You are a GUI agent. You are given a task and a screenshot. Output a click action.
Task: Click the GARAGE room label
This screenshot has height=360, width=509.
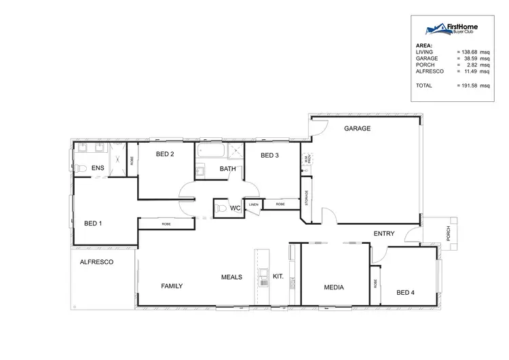tap(357, 128)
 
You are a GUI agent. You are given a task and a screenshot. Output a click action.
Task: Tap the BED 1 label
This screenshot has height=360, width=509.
tap(93, 223)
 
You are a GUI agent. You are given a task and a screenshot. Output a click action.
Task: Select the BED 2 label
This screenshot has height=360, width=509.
tap(165, 154)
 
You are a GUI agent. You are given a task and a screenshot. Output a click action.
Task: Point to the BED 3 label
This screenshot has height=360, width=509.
tap(269, 156)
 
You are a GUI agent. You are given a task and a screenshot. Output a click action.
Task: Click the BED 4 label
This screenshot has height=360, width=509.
tap(405, 292)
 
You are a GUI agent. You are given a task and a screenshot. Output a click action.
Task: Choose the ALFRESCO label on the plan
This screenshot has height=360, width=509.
tap(96, 262)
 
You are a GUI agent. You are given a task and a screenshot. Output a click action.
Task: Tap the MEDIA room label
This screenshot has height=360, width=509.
tap(334, 287)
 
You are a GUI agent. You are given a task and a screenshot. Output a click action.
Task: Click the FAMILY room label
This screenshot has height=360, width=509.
tap(172, 286)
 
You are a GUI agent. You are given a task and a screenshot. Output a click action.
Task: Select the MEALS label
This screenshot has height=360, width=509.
tap(231, 277)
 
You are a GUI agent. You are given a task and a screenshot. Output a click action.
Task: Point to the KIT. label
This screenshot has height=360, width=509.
tap(278, 277)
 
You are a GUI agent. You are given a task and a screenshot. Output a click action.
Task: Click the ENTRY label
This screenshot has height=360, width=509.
tap(384, 234)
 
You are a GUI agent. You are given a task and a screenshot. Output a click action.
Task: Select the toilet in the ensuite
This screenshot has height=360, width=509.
tap(80, 168)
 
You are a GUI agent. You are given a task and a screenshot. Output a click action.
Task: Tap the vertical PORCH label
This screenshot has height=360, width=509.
tap(449, 234)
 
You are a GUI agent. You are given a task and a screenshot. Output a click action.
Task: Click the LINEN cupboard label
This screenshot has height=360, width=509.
tap(254, 204)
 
